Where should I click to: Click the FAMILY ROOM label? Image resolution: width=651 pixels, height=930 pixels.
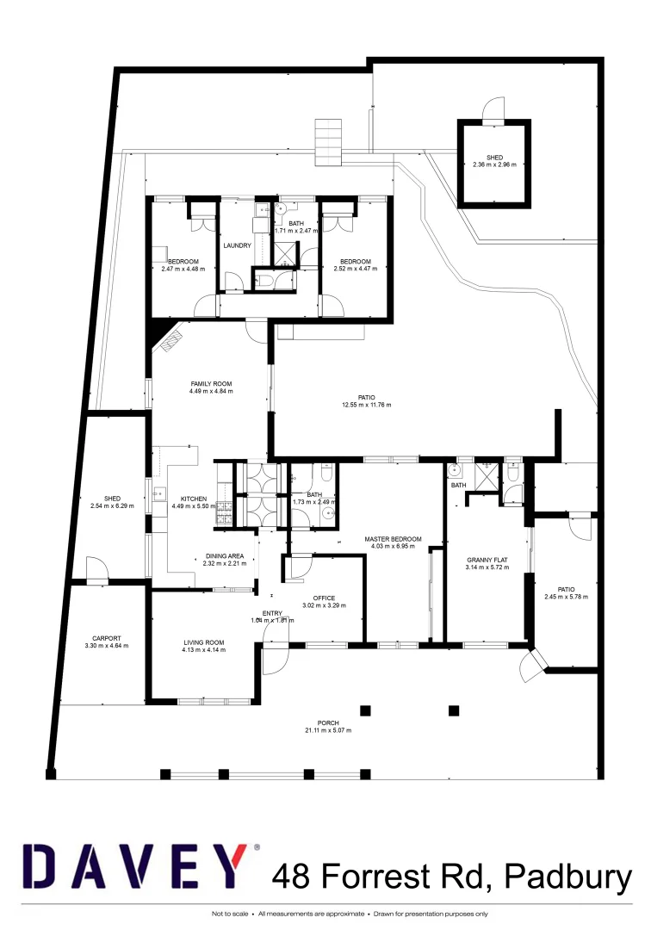[x=211, y=384]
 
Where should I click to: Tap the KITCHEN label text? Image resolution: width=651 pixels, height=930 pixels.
[x=194, y=499]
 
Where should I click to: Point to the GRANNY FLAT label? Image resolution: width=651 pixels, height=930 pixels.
[x=487, y=559]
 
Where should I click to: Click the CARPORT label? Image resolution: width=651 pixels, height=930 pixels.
[x=106, y=638]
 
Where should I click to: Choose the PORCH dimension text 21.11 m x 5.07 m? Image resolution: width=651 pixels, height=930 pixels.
[x=328, y=730]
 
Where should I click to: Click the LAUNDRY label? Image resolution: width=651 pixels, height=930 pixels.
[x=237, y=245]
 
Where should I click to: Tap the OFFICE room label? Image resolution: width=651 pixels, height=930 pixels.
[x=324, y=597]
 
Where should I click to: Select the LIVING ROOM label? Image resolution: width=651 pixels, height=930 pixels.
[x=203, y=642]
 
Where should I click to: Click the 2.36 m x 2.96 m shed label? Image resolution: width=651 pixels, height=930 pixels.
[x=494, y=164]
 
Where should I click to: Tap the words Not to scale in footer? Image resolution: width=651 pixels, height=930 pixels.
[x=231, y=914]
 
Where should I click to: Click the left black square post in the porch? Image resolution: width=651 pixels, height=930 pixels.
[x=365, y=710]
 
